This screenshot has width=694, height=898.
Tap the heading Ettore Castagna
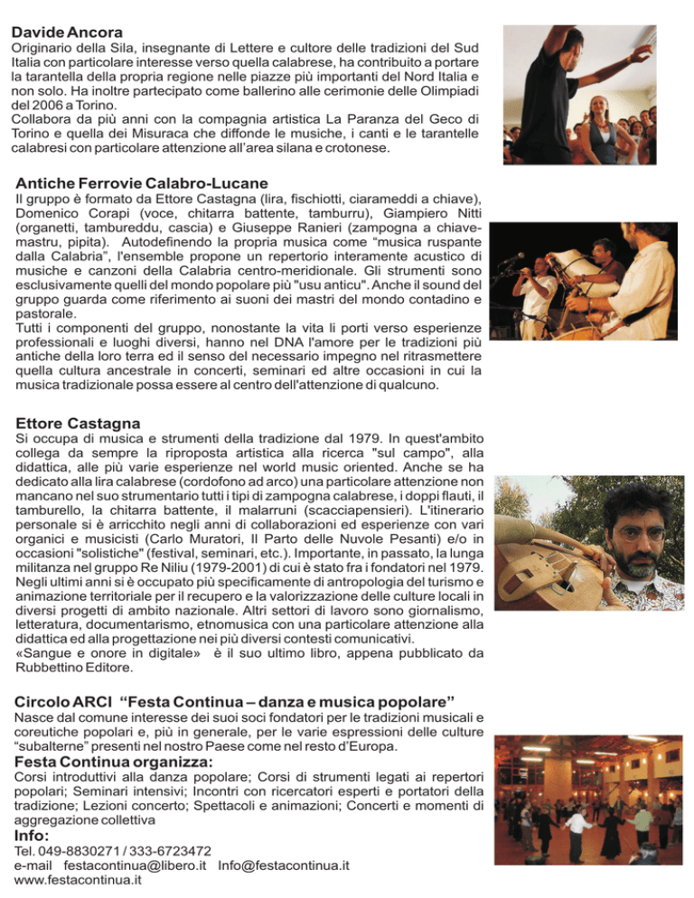pos(77,422)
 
